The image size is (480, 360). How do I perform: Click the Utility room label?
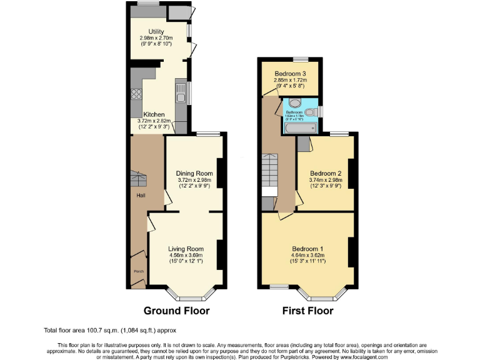156,31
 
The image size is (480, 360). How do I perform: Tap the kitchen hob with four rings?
136,95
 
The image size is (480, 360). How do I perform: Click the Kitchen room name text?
154,115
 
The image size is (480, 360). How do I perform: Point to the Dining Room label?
194,174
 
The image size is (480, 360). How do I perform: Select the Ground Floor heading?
176,311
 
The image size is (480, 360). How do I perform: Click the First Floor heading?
308,311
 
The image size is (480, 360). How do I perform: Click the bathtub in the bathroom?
301,128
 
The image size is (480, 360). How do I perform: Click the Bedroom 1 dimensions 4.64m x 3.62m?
307,255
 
